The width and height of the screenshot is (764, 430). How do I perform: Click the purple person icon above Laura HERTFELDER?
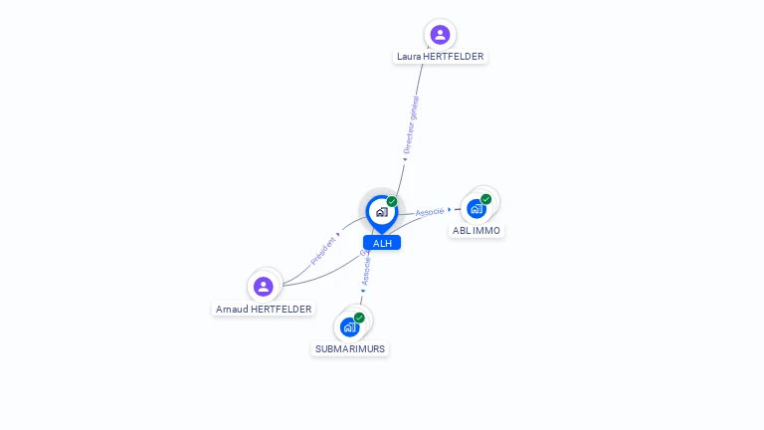[x=440, y=35]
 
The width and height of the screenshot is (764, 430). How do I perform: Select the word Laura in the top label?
[x=409, y=57]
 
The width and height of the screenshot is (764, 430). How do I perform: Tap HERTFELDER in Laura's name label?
[x=454, y=57]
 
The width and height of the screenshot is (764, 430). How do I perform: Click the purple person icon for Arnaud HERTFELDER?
[x=264, y=287]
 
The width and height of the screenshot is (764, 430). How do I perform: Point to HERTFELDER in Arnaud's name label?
[x=281, y=310]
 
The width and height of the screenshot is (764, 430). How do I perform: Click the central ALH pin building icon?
[x=381, y=211]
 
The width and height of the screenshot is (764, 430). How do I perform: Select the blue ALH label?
[x=382, y=243]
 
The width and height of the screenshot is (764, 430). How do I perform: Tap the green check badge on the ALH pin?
[x=392, y=201]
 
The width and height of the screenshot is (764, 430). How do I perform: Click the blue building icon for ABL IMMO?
[x=477, y=208]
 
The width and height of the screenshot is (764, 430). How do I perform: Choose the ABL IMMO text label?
[x=477, y=231]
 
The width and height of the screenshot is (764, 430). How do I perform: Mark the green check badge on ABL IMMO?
[x=486, y=198]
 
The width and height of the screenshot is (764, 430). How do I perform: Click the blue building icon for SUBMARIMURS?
[x=349, y=326]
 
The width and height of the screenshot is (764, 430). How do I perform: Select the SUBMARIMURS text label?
[x=350, y=349]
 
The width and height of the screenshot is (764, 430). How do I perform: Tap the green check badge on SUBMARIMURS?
[x=359, y=318]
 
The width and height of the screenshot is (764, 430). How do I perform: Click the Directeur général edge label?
[x=410, y=124]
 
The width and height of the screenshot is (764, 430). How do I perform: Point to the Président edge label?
[x=323, y=249]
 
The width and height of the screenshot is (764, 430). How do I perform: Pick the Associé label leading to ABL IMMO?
[x=430, y=211]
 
